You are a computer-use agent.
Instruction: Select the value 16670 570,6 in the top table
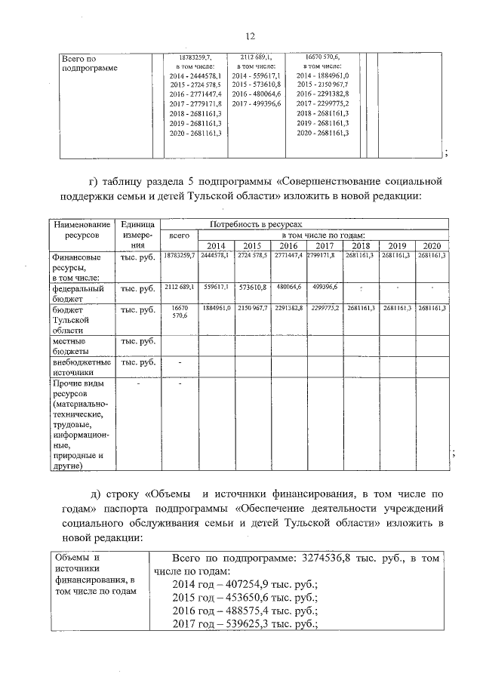coord(322,57)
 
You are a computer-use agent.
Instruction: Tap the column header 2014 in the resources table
coord(216,247)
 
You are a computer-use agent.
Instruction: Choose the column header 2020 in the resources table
coord(431,247)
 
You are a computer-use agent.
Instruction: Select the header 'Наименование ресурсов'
coord(82,230)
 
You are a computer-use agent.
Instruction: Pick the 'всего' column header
coord(179,235)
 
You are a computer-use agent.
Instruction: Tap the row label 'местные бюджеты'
coord(75,346)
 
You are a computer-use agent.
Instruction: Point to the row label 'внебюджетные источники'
coord(78,367)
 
